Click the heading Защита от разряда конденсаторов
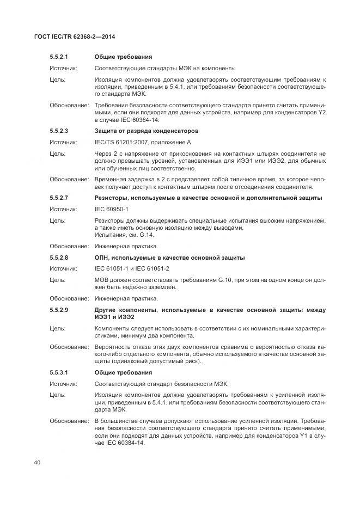[x=147, y=131]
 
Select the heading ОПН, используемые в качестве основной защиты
[x=169, y=257]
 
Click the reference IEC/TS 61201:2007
[x=119, y=143]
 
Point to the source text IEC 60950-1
[x=112, y=208]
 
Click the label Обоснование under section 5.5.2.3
[x=69, y=179]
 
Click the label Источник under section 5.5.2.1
[x=63, y=68]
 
